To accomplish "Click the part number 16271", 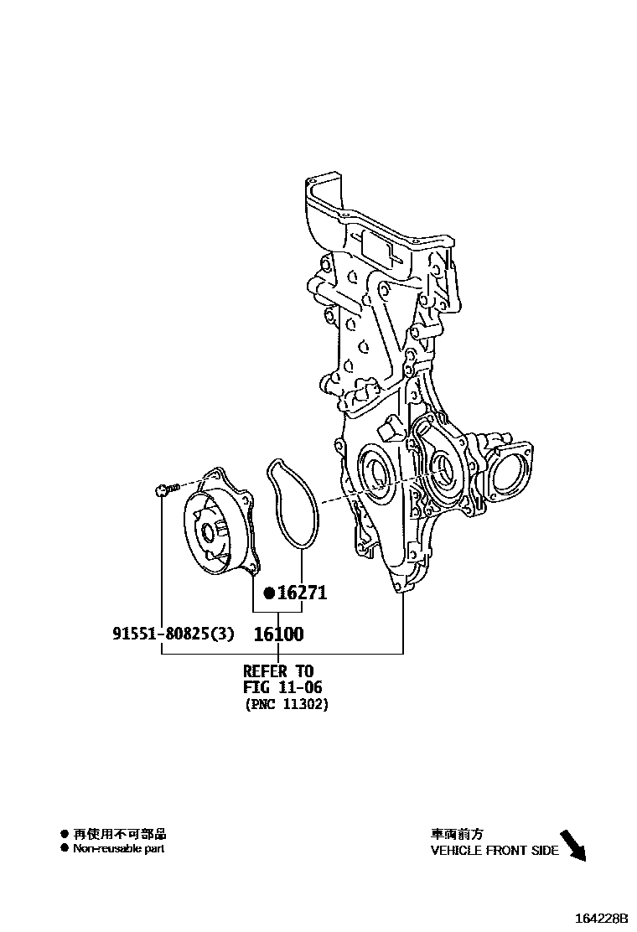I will pos(302,593).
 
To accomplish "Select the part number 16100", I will pos(278,634).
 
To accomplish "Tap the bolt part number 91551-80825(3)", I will pos(173,634).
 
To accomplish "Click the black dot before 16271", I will pos(269,593).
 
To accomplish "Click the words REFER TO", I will pos(278,671).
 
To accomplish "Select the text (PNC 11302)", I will pos(287,705).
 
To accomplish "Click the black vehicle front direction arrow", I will pos(572,845).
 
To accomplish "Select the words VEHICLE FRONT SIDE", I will pos(495,850).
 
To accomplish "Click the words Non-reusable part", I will pos(118,848).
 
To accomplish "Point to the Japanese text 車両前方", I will pos(457,834).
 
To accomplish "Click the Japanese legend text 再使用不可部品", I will pos(120,834).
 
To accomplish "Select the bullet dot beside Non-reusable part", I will pos(64,848).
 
